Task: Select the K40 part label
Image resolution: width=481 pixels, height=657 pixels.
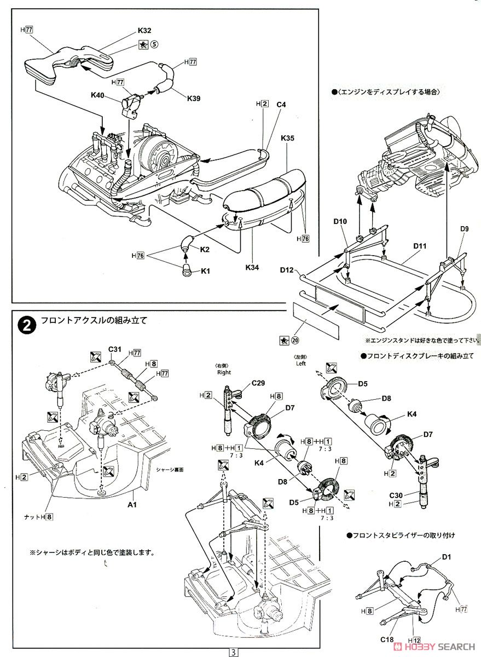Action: click(98, 95)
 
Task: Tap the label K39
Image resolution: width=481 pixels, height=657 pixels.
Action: click(194, 98)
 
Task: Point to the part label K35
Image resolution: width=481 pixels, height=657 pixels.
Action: click(288, 138)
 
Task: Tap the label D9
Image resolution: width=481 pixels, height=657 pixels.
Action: click(465, 228)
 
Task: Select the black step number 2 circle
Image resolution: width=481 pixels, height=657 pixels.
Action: click(25, 325)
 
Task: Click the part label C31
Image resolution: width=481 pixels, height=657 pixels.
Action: click(114, 349)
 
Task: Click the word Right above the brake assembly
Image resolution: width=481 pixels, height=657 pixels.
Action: click(223, 372)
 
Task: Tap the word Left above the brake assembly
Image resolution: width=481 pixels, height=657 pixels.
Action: click(301, 362)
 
